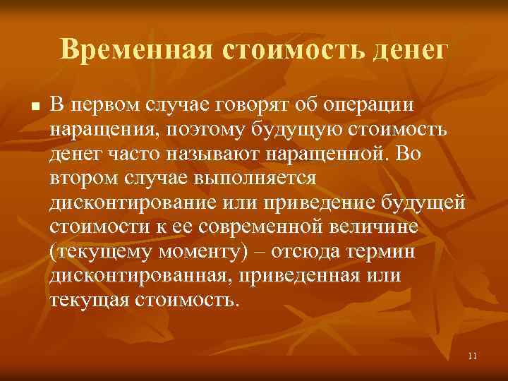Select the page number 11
pos(472,356)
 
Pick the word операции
pos(373,106)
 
